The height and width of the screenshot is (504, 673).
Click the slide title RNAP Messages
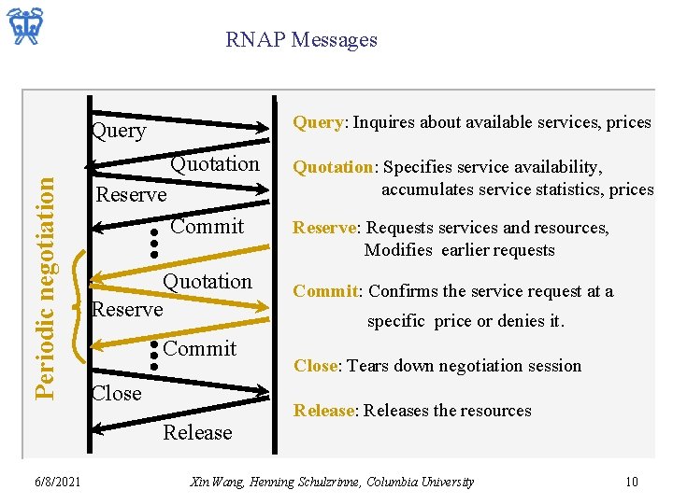pyautogui.click(x=301, y=40)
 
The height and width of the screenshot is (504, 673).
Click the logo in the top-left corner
pyautogui.click(x=27, y=28)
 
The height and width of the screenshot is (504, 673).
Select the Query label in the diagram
pyautogui.click(x=118, y=131)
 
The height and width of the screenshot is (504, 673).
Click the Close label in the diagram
pyautogui.click(x=117, y=393)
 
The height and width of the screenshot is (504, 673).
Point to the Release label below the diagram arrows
pyautogui.click(x=197, y=432)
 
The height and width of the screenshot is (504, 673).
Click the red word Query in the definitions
pyautogui.click(x=318, y=122)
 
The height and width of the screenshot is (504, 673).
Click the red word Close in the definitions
pyautogui.click(x=316, y=366)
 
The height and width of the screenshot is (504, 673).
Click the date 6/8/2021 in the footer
pyautogui.click(x=56, y=482)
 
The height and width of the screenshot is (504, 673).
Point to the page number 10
pyautogui.click(x=632, y=482)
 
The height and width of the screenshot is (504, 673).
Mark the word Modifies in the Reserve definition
pyautogui.click(x=398, y=250)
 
